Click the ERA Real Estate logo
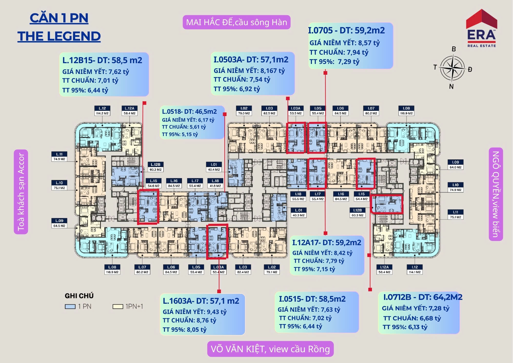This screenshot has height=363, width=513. (481, 28)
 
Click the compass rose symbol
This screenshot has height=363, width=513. (452, 68)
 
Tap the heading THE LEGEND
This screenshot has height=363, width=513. (59, 36)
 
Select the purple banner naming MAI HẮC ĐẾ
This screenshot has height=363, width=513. (236, 22)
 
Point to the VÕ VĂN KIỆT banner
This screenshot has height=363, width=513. (270, 349)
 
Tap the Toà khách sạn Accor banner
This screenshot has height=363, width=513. (21, 192)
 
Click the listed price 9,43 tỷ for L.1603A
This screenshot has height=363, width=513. (217, 312)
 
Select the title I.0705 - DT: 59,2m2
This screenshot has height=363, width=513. (346, 30)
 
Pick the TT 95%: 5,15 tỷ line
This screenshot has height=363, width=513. (180, 134)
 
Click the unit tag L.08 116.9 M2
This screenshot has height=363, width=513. (112, 270)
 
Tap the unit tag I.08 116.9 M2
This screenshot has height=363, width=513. (406, 111)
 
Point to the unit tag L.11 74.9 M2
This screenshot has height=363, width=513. (59, 157)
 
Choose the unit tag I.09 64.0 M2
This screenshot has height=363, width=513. (455, 165)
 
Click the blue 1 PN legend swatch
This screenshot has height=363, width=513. (70, 307)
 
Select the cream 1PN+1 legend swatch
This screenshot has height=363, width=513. (118, 307)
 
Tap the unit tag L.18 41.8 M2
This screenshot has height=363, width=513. (215, 183)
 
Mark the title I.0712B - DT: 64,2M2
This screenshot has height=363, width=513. (423, 297)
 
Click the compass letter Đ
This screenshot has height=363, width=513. (470, 69)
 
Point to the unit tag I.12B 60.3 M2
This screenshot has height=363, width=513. (358, 213)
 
